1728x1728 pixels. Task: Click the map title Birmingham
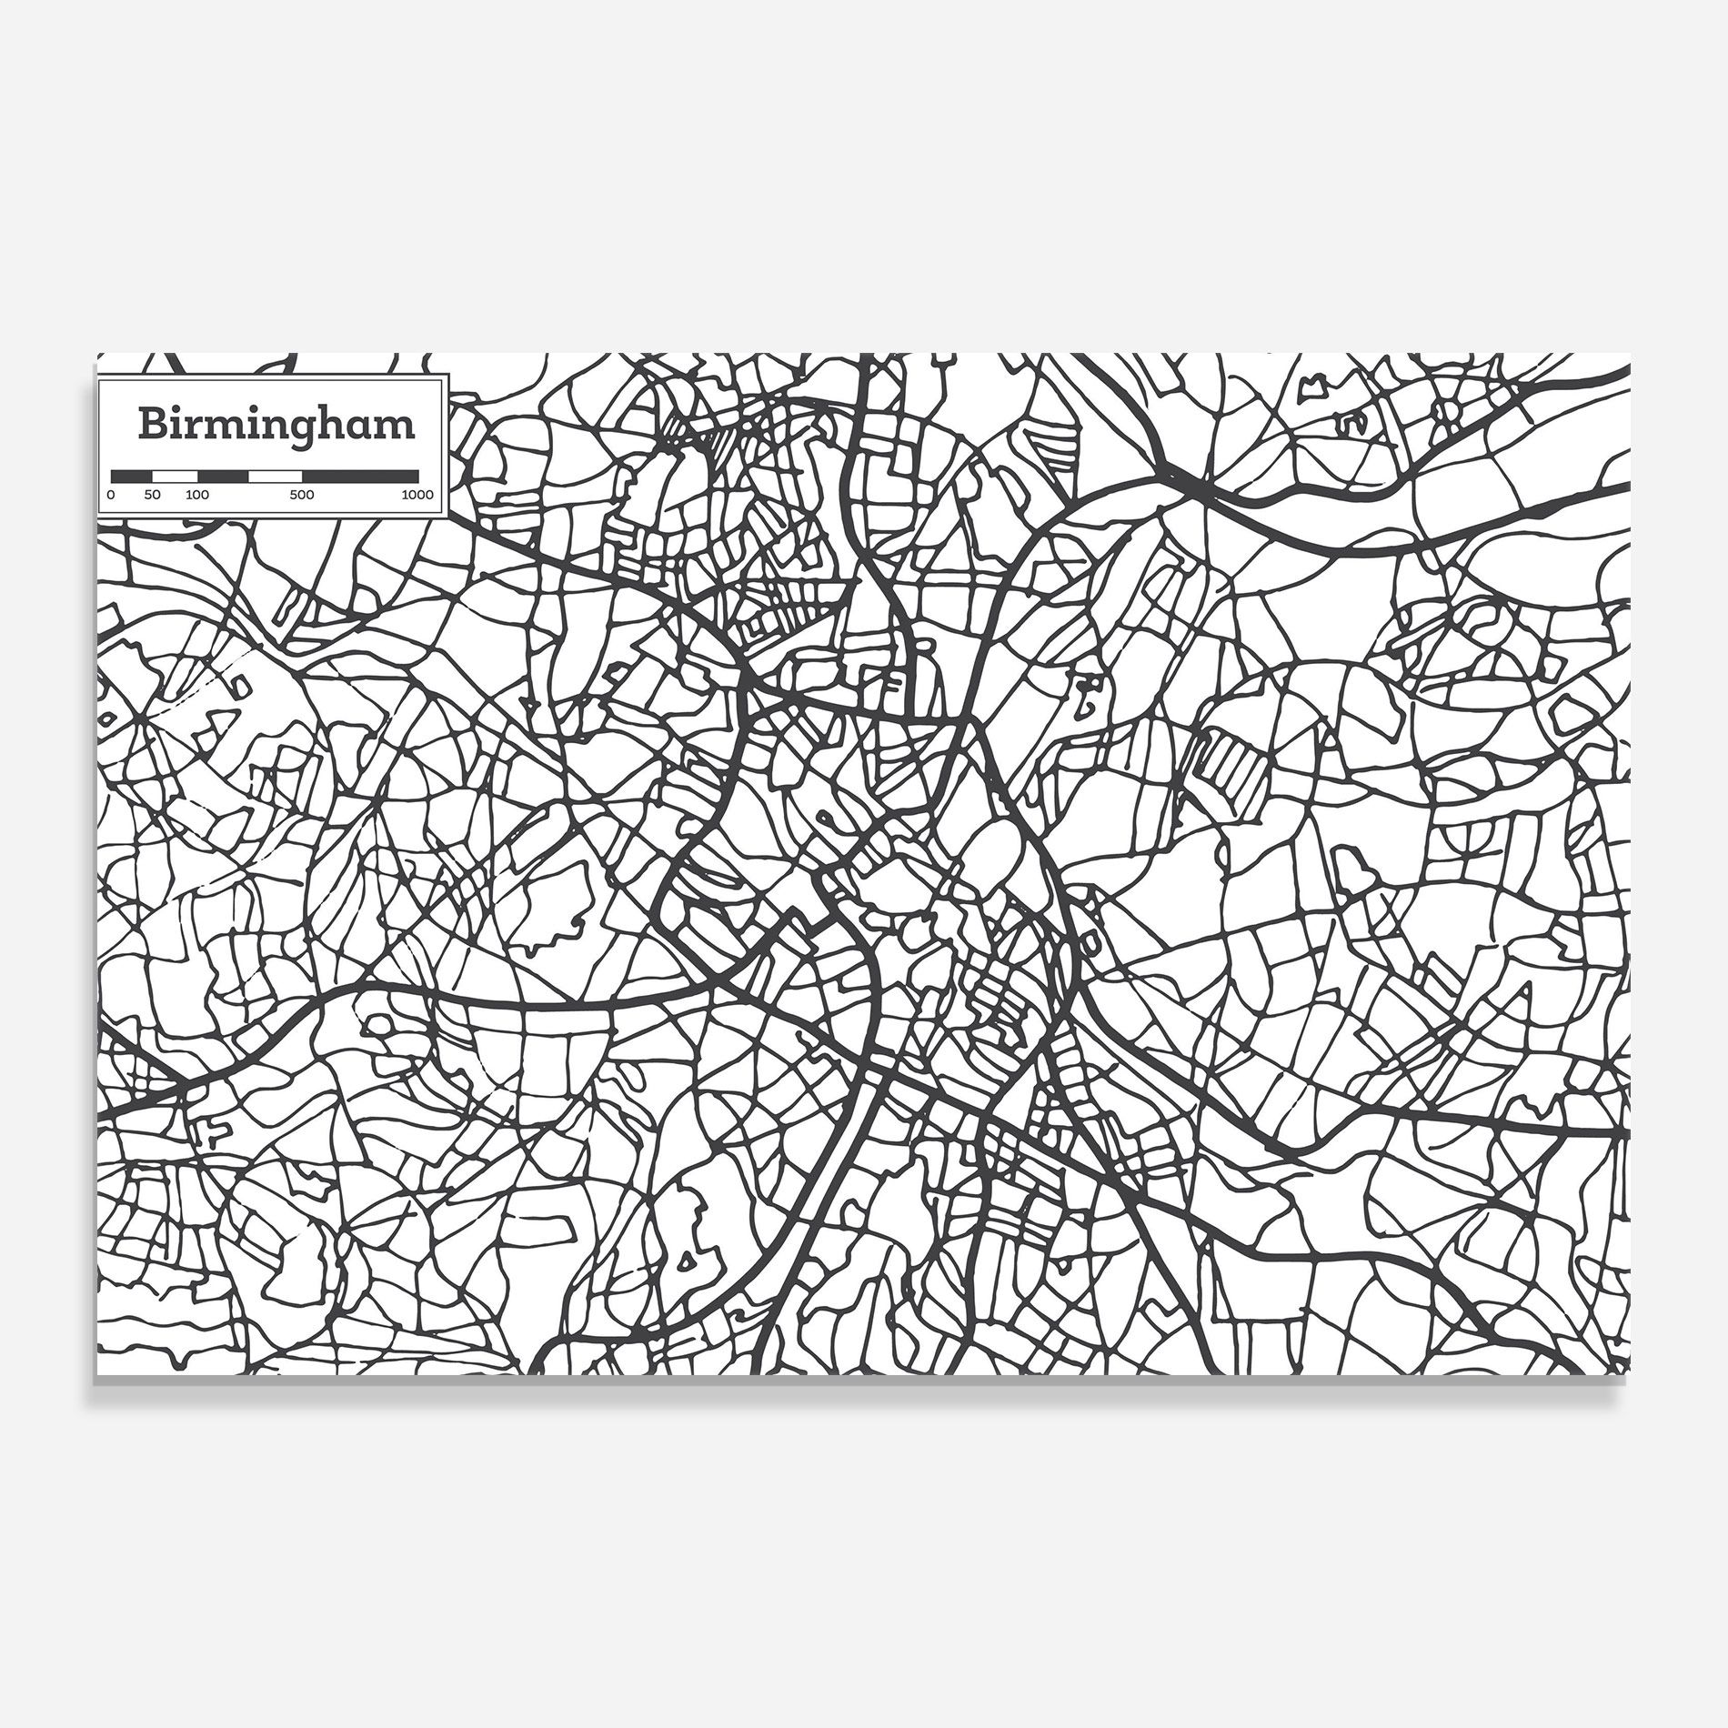[x=276, y=425]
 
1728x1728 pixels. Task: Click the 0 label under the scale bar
[x=111, y=496]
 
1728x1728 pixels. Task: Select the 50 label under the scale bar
[x=152, y=496]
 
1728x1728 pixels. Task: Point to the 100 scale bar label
[x=197, y=496]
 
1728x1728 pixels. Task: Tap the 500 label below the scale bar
[x=302, y=496]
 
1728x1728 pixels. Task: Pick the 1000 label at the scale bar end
[x=418, y=496]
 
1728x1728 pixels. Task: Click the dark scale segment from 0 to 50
[x=131, y=476]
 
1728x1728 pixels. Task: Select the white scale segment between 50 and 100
[x=175, y=476]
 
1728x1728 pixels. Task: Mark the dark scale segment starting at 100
[x=223, y=476]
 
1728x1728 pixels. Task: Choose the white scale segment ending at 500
[x=276, y=476]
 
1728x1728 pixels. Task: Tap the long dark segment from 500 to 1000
[x=360, y=476]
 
